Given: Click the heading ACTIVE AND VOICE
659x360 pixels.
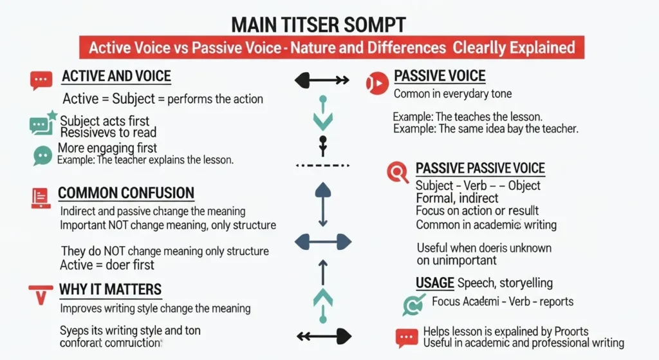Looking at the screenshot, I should [116, 76].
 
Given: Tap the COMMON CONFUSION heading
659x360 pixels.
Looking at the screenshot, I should [126, 193].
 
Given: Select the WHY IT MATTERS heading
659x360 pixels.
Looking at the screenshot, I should [110, 289].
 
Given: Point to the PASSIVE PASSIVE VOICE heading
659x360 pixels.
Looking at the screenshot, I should [480, 169].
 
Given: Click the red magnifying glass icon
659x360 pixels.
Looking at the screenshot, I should [398, 172].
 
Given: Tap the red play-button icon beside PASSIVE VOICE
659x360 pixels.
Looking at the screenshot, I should [376, 83].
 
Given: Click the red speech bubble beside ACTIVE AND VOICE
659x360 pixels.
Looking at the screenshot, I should [41, 81].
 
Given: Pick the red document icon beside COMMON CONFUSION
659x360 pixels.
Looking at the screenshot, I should [41, 198].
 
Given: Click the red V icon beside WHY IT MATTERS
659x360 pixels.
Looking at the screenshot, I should [41, 294].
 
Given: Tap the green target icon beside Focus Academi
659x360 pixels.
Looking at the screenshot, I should [412, 303].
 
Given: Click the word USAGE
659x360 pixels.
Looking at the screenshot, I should [435, 283].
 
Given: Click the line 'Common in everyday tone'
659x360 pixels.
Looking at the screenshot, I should [452, 94].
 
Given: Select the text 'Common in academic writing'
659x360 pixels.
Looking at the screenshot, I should [486, 225].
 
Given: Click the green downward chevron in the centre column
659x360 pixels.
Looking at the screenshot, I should [322, 120].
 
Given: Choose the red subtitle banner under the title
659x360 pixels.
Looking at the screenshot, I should [329, 48].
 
